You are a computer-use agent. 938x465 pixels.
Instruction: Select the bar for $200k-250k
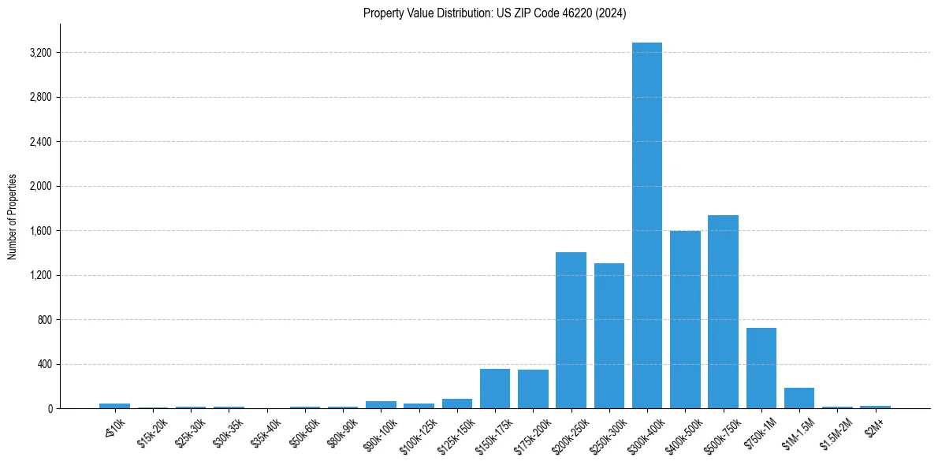coord(571,330)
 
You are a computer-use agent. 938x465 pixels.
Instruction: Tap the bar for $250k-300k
coord(609,336)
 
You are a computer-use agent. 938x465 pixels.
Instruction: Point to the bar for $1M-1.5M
coord(798,398)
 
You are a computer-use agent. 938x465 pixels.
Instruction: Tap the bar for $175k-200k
coord(533,389)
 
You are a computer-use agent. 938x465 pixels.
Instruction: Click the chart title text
coord(494,13)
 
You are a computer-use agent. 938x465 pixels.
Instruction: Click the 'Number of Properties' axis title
coord(13,217)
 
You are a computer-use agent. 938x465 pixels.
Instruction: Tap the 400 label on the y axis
coord(44,364)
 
